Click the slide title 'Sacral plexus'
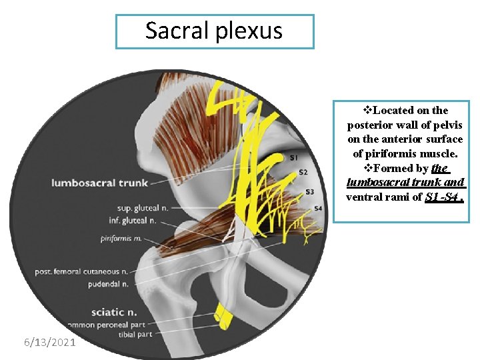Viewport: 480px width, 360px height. tap(214, 31)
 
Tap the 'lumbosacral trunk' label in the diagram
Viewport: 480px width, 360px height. tap(93, 183)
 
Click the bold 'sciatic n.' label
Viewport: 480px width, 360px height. tap(114, 311)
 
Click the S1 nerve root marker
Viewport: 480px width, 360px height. tap(294, 158)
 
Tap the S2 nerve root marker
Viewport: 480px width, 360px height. tap(303, 173)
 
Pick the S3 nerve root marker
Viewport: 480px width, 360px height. tap(309, 192)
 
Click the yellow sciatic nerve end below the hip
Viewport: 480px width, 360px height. tap(223, 316)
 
